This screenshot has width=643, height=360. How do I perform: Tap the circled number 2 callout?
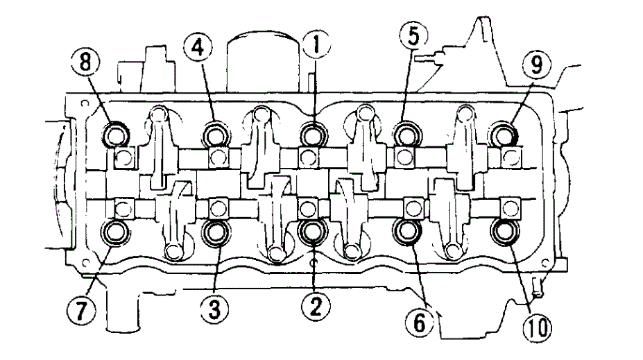(315, 306)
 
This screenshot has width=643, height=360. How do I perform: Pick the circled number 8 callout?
(89, 62)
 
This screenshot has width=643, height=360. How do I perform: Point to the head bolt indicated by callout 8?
(115, 132)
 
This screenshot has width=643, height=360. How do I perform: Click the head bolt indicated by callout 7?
(115, 231)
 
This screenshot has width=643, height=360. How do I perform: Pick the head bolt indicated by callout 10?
(503, 231)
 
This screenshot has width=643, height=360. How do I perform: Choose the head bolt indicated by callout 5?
(406, 131)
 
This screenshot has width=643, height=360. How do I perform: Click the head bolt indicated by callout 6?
(406, 231)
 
